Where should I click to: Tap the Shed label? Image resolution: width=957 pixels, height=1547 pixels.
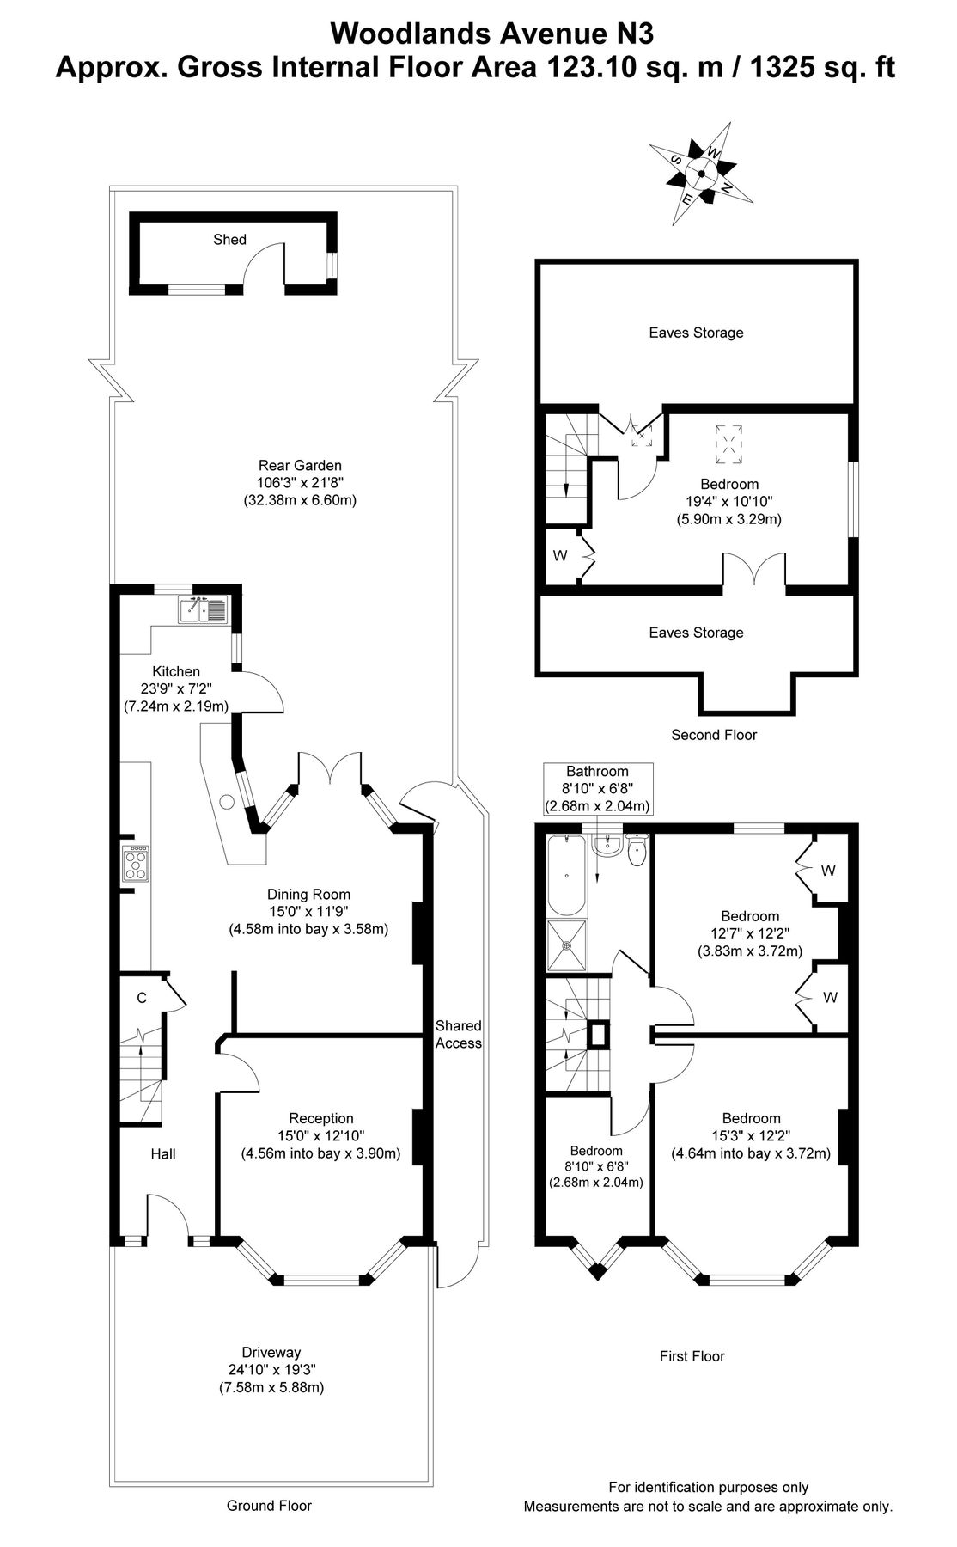pos(229,240)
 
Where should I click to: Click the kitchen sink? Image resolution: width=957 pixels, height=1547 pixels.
pos(202,609)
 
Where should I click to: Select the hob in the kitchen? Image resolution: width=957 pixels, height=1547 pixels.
pos(136,863)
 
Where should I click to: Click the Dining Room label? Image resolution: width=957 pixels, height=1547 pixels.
pos(308,895)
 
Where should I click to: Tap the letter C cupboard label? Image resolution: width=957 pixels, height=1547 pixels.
pos(142,998)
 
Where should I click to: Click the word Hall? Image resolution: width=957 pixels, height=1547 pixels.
pos(163,1154)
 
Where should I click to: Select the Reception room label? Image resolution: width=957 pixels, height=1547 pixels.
pos(320,1118)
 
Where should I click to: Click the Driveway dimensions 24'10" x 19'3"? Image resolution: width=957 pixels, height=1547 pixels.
pos(271,1370)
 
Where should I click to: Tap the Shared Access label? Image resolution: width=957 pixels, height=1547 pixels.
pos(458,1034)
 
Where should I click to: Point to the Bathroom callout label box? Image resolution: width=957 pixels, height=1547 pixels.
pos(597,789)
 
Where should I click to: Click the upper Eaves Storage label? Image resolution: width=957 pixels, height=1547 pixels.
pos(696,333)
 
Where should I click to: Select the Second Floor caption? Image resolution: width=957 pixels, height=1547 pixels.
pos(713,735)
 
